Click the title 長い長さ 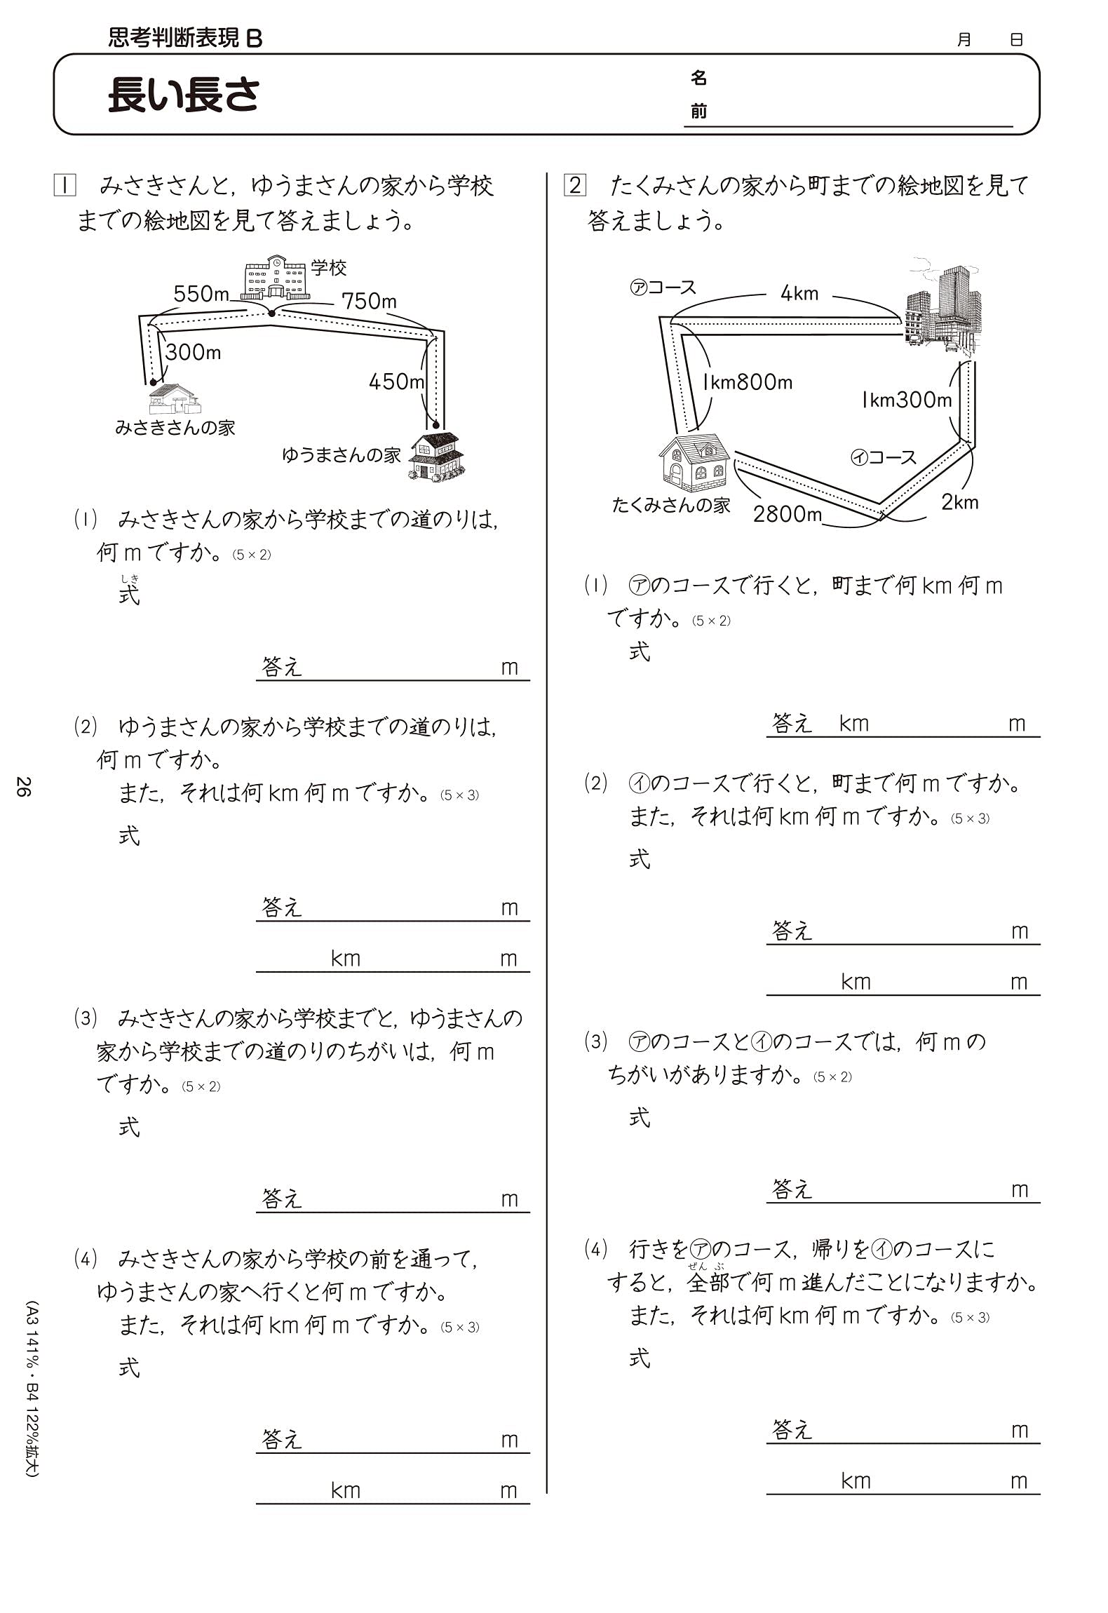[184, 95]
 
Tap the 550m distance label [201, 294]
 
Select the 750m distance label [369, 301]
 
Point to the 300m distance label [193, 352]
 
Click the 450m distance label [396, 382]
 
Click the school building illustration [275, 279]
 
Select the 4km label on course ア [799, 293]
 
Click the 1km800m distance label [748, 382]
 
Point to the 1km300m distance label [906, 400]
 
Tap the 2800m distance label [787, 514]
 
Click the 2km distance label [959, 502]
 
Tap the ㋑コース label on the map [884, 457]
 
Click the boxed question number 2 [575, 186]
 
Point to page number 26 [23, 786]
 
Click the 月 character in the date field [964, 40]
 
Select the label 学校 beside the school [329, 268]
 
